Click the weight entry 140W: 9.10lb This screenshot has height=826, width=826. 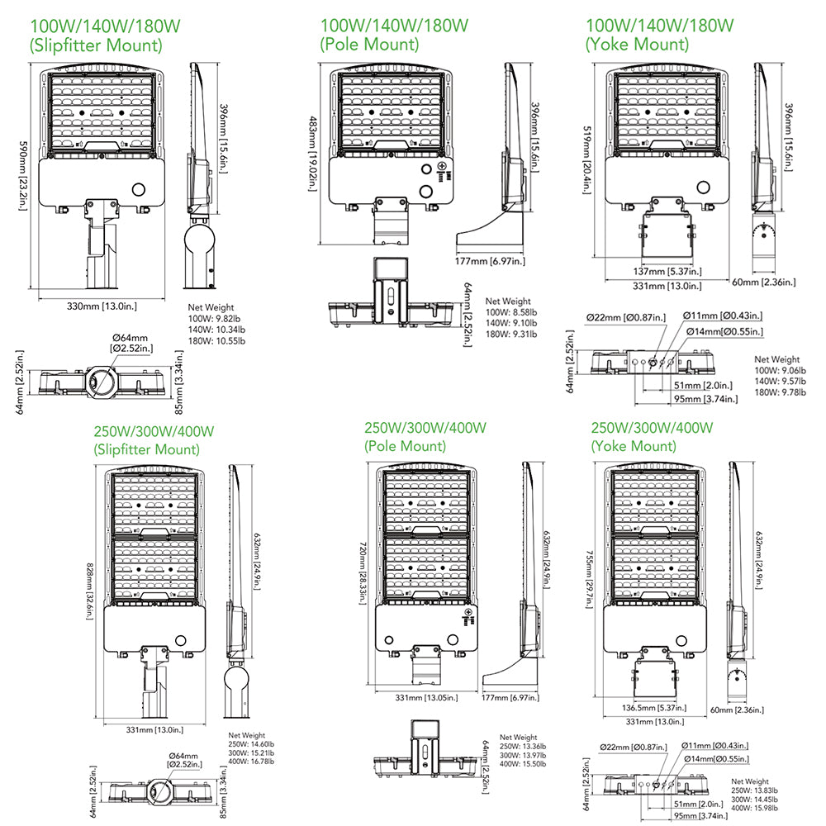pyautogui.click(x=511, y=322)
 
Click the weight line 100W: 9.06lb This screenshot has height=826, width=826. pyautogui.click(x=779, y=370)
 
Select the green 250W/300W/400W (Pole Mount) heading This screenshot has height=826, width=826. pyautogui.click(x=425, y=437)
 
